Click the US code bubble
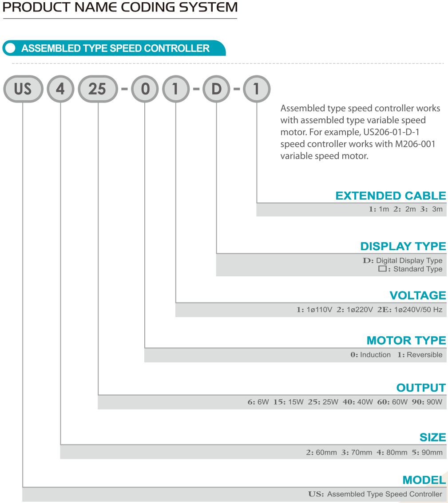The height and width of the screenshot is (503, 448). pos(23,89)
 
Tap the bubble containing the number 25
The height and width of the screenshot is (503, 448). pos(98,89)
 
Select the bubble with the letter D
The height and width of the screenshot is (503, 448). pos(217,89)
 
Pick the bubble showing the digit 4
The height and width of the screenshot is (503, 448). pos(61,89)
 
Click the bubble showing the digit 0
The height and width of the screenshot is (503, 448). pos(145,89)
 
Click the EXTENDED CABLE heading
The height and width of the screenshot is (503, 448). pos(391,195)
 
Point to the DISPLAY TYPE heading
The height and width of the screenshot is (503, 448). pos(403,246)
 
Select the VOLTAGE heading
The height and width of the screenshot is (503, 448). pos(418,295)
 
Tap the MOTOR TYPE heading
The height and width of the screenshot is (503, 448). pos(406,340)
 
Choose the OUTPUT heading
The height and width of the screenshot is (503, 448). pos(421,388)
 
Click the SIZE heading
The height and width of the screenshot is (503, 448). pos(432,437)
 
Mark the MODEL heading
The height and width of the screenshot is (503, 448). pos(424,480)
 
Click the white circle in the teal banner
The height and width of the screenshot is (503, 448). pos(10,48)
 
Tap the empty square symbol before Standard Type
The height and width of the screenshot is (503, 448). pos(382,269)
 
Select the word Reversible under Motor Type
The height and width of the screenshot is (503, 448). pos(424,355)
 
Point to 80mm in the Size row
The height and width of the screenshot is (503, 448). pos(396,452)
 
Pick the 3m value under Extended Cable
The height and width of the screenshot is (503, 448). pos(437,209)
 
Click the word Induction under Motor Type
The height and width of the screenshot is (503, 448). pos(376,355)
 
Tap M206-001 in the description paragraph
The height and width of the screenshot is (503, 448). pos(415,144)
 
